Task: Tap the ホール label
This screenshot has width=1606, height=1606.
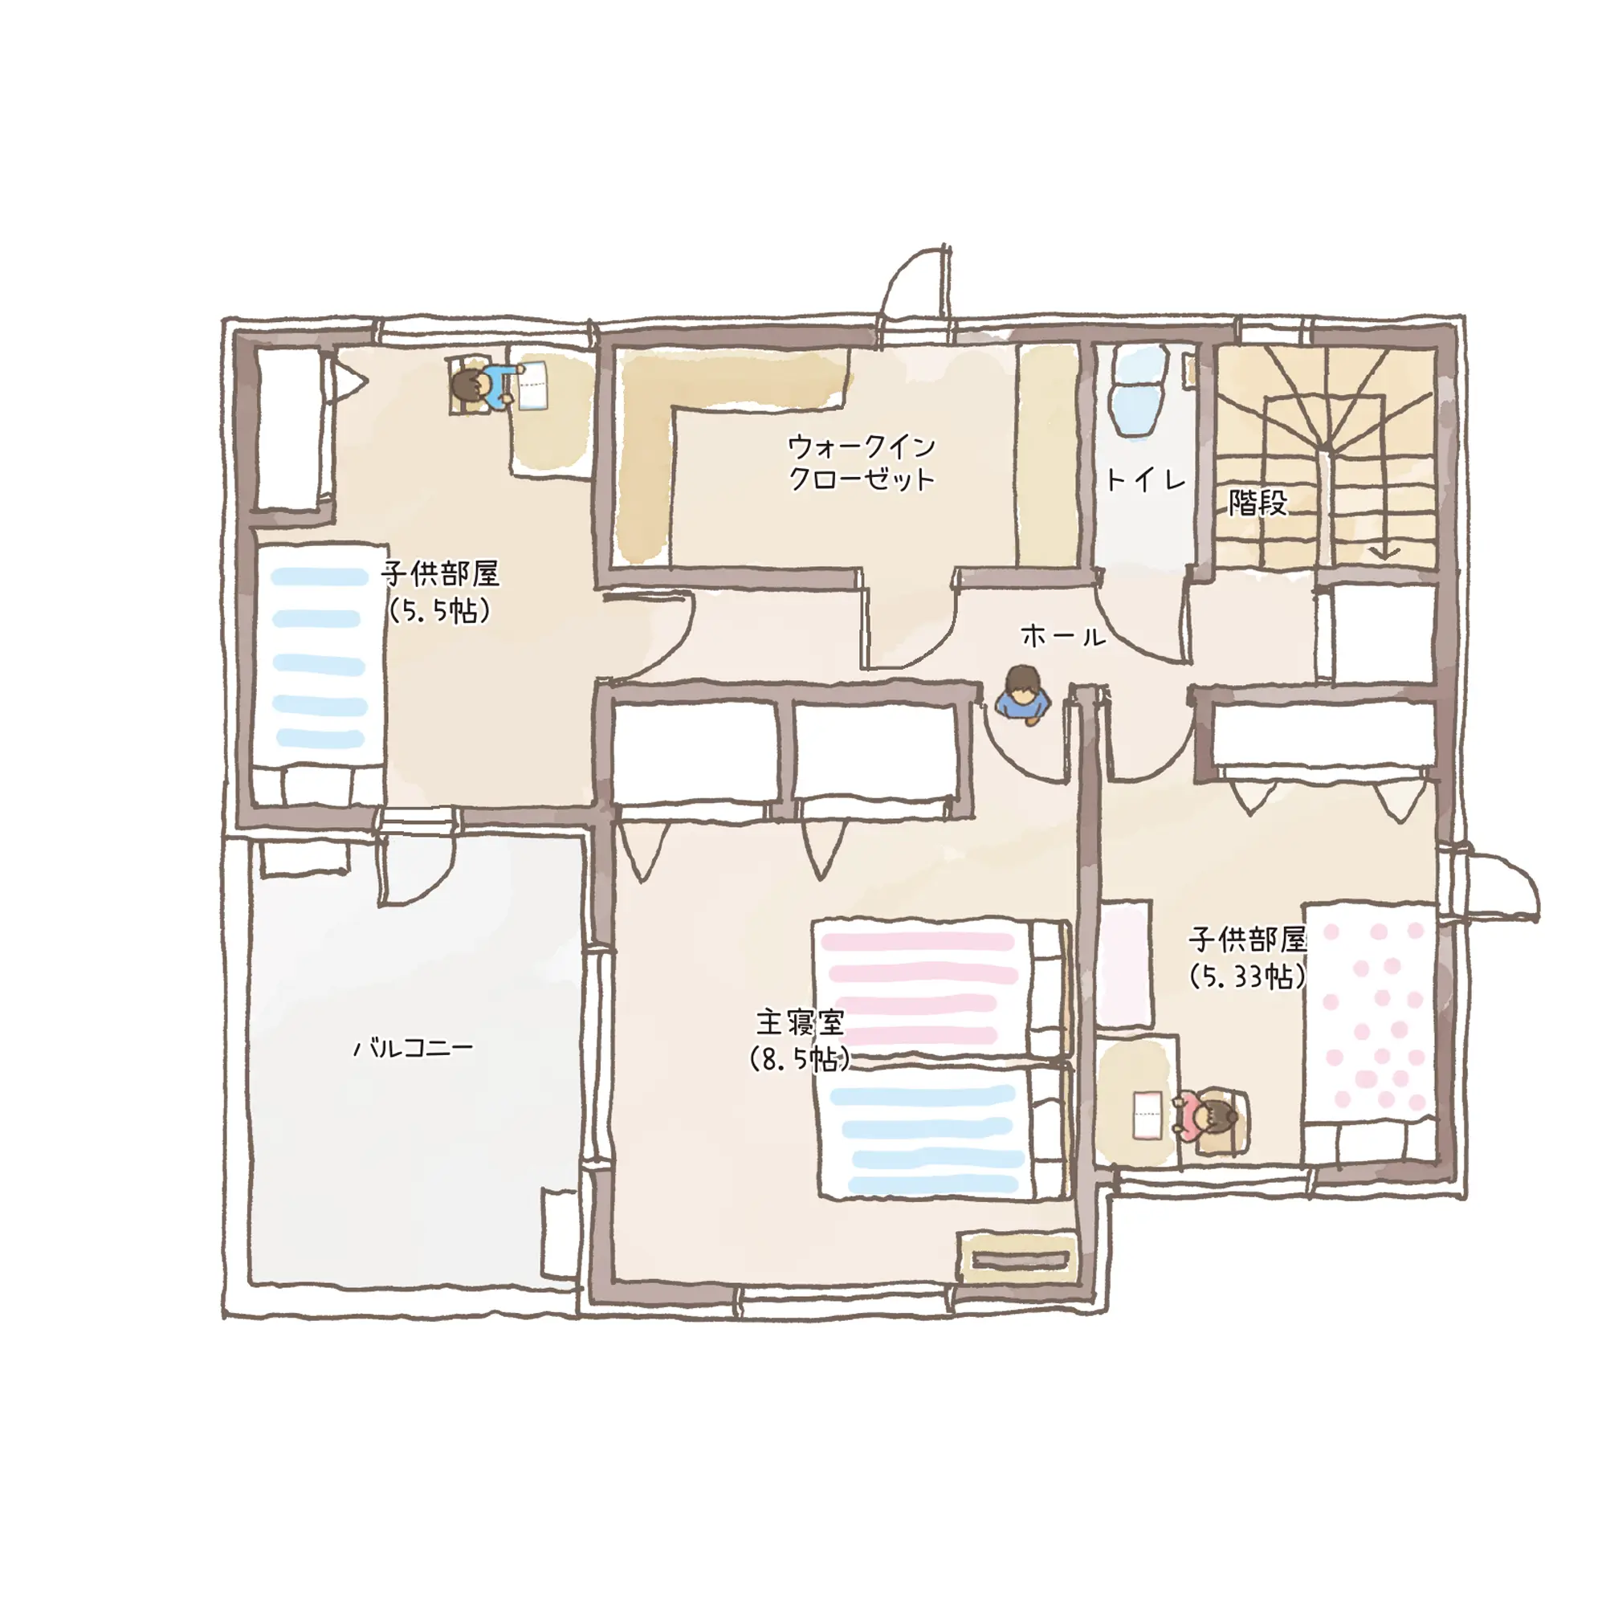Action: pos(1063,638)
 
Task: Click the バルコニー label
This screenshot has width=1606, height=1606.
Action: pos(413,1047)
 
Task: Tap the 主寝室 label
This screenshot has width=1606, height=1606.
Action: pos(801,1021)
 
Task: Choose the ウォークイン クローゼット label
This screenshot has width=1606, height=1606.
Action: pos(861,463)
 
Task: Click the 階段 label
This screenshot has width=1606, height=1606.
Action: pos(1257,502)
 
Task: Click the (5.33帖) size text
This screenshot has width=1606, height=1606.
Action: pos(1248,976)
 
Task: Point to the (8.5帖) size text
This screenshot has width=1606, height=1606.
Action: pos(800,1059)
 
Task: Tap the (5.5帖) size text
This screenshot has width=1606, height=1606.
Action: pos(440,611)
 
